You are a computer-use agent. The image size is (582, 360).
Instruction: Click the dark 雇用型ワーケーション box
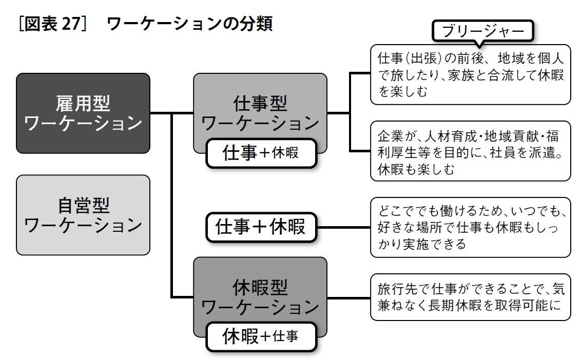83,113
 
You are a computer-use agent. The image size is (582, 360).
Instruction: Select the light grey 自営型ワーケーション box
83,215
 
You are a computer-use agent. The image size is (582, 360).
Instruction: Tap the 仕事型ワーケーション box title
260,113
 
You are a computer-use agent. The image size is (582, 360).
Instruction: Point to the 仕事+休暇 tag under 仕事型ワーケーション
261,153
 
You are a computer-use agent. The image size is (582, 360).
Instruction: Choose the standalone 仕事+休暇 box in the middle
261,227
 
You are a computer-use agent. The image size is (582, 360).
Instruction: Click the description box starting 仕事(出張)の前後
470,74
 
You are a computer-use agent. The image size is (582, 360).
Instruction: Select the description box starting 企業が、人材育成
470,154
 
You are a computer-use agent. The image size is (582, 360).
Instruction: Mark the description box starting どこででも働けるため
470,227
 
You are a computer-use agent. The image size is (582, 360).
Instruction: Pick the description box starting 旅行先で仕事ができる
470,297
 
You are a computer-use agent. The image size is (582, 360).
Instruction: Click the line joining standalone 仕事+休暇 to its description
343,227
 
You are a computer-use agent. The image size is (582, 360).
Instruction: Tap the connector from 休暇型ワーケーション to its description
348,297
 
